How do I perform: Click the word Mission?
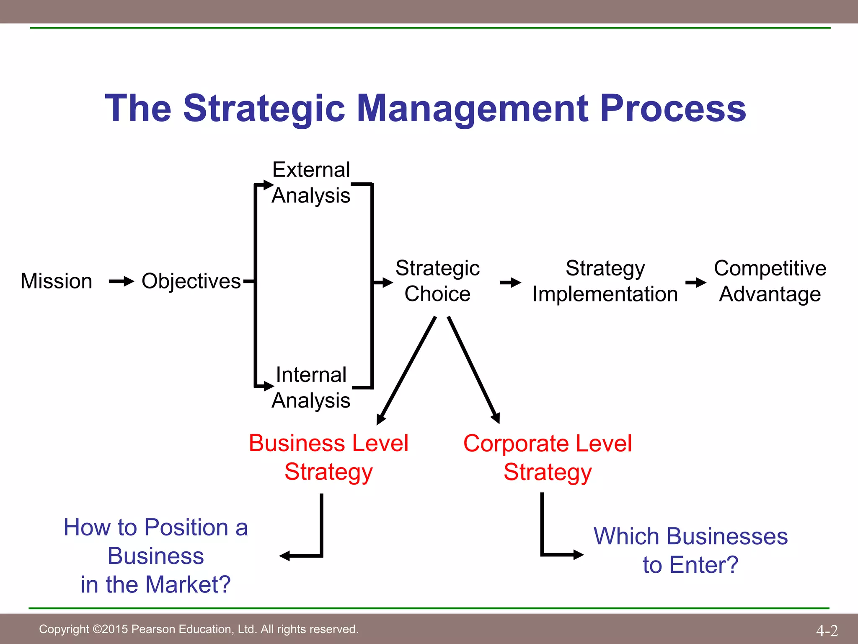tap(56, 281)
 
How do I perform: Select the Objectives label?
tap(191, 281)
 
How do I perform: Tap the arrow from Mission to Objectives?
tap(121, 281)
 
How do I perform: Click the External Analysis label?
tap(311, 183)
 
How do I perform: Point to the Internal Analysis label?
tap(311, 387)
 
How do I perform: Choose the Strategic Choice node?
tap(437, 281)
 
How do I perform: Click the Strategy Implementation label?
tap(605, 281)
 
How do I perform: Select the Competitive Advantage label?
tap(770, 281)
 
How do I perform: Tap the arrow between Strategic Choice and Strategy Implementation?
tap(510, 283)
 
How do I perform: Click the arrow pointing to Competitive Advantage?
tap(696, 283)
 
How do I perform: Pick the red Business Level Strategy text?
tap(328, 457)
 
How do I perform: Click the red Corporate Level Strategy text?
tap(548, 457)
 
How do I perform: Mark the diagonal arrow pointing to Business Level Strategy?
tap(406, 371)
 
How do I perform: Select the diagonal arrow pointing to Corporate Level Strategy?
tap(474, 371)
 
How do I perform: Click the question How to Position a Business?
tap(156, 556)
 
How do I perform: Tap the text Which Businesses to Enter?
tap(690, 551)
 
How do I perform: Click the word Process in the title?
tap(673, 108)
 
